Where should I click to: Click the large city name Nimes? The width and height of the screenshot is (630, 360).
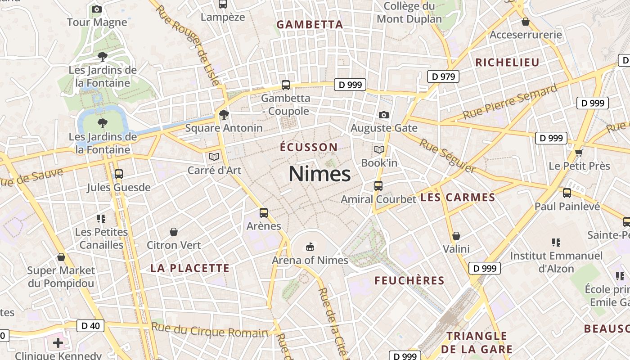[x=319, y=174]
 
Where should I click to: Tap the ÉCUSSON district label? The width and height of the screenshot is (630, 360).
[x=309, y=147]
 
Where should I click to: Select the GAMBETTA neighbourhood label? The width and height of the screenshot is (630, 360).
[x=310, y=24]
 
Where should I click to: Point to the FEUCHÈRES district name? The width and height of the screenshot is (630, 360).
[x=409, y=281]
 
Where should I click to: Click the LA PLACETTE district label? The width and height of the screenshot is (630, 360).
[x=190, y=269]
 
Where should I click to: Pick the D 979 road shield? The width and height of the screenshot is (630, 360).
[x=443, y=76]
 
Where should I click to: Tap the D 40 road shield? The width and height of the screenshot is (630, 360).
[x=90, y=325]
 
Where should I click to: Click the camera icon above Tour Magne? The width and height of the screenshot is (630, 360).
[x=96, y=9]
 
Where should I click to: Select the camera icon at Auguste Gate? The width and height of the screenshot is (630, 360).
[x=383, y=115]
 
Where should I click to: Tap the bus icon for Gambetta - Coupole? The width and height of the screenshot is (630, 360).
[x=285, y=85]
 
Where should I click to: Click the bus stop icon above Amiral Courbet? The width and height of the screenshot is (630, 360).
[x=378, y=185]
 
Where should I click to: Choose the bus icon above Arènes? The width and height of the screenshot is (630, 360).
[x=264, y=212]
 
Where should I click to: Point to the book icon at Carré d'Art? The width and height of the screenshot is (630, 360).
[x=214, y=157]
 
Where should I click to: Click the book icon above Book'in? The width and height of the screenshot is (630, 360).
[x=379, y=149]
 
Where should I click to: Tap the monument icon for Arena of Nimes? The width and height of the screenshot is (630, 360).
[x=310, y=246]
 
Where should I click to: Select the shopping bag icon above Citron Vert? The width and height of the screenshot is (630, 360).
[x=174, y=232]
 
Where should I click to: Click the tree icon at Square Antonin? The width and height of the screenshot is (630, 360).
[x=224, y=115]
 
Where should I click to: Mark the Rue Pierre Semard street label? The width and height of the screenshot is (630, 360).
[x=510, y=103]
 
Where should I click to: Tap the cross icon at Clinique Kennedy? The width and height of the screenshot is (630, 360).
[x=58, y=343]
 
